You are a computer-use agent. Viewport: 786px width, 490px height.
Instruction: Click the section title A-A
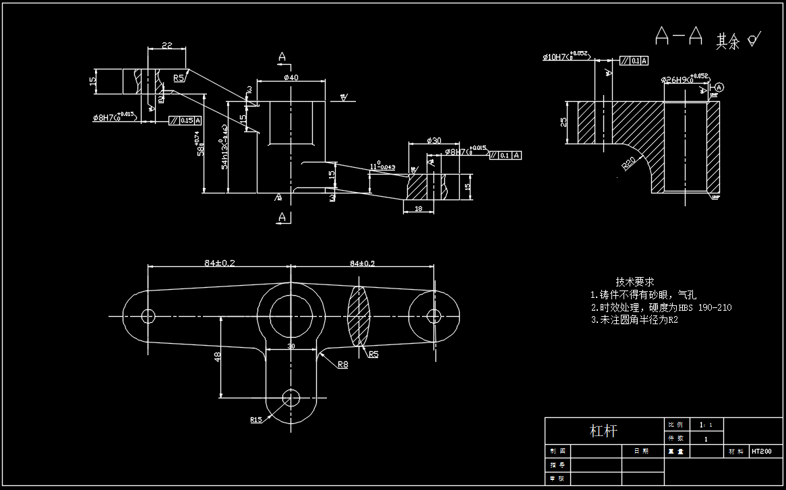pyautogui.click(x=679, y=36)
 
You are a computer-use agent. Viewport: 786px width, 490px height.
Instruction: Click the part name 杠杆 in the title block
pyautogui.click(x=603, y=431)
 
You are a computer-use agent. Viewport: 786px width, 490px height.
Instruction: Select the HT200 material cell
pyautogui.click(x=762, y=452)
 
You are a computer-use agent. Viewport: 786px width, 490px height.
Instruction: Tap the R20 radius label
pyautogui.click(x=629, y=164)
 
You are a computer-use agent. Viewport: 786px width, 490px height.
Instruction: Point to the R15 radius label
pyautogui.click(x=256, y=420)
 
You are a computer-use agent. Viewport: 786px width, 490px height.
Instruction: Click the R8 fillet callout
pyautogui.click(x=343, y=365)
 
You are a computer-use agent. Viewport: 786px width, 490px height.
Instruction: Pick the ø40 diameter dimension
pyautogui.click(x=291, y=78)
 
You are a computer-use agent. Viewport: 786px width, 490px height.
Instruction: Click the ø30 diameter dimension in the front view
pyautogui.click(x=434, y=141)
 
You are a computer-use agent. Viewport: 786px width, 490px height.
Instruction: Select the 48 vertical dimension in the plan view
pyautogui.click(x=218, y=357)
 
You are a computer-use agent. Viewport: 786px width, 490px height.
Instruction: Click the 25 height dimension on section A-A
pyautogui.click(x=563, y=122)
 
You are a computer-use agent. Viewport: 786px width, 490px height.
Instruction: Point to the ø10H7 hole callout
pyautogui.click(x=557, y=57)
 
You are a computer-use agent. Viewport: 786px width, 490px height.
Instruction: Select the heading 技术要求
pyautogui.click(x=635, y=282)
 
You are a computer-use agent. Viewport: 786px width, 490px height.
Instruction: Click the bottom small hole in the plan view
pyautogui.click(x=291, y=397)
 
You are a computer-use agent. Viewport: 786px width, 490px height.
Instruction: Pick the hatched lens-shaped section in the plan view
pyautogui.click(x=359, y=315)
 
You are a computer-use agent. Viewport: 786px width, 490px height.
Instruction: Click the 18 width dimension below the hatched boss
pyautogui.click(x=418, y=210)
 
